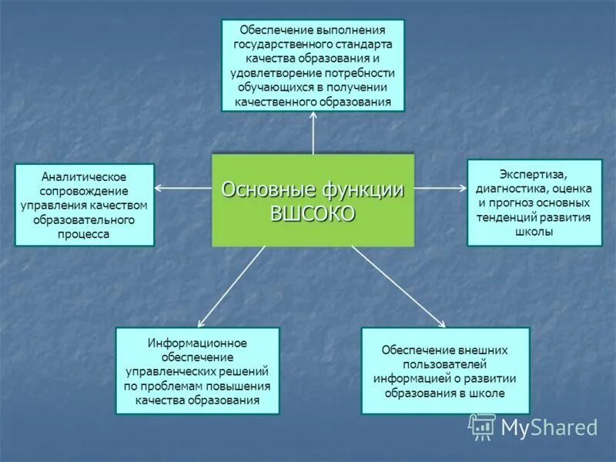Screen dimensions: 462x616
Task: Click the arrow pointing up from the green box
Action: pos(313,132)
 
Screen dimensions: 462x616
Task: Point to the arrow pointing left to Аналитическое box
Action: pos(183,188)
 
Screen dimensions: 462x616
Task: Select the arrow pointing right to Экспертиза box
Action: pos(440,188)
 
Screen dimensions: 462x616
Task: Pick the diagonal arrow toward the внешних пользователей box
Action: pos(398,286)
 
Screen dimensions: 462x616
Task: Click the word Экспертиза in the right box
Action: pos(534,173)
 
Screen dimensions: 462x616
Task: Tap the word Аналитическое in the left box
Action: pos(84,177)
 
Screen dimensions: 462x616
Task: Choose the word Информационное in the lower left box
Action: pos(198,342)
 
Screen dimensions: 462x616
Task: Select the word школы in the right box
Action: pos(534,232)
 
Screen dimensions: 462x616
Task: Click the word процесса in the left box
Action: pos(84,235)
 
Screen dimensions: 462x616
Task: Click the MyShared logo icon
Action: pos(483,427)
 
